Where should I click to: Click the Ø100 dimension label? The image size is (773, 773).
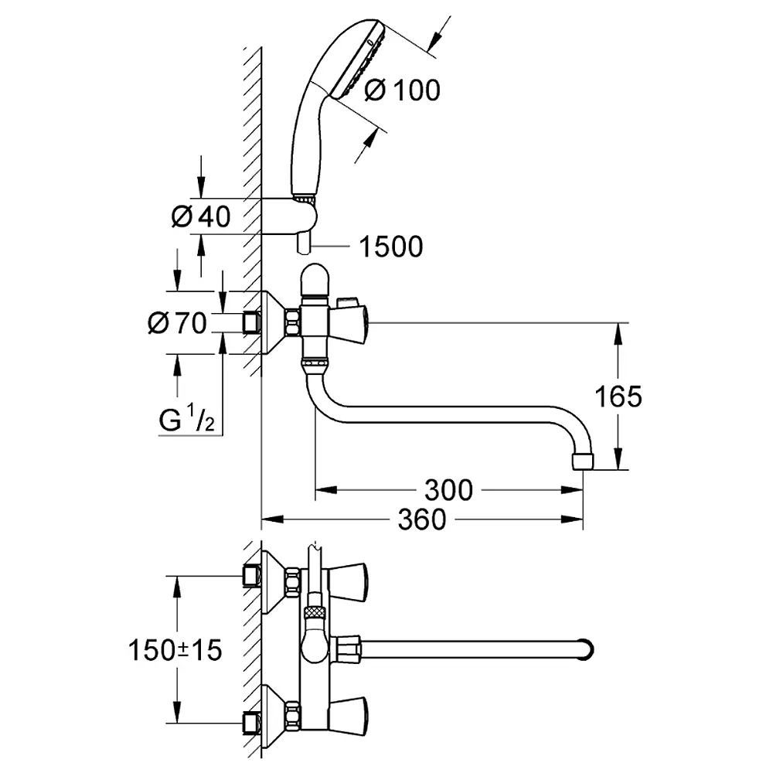402,90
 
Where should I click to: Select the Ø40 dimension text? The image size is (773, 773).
201,216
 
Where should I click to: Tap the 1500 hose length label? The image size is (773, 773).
391,247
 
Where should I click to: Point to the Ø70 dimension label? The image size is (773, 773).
177,323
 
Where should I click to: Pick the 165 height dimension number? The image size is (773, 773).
618,396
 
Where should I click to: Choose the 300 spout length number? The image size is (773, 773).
448,490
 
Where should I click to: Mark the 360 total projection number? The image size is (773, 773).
422,519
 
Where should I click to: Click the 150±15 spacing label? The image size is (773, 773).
175,650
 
